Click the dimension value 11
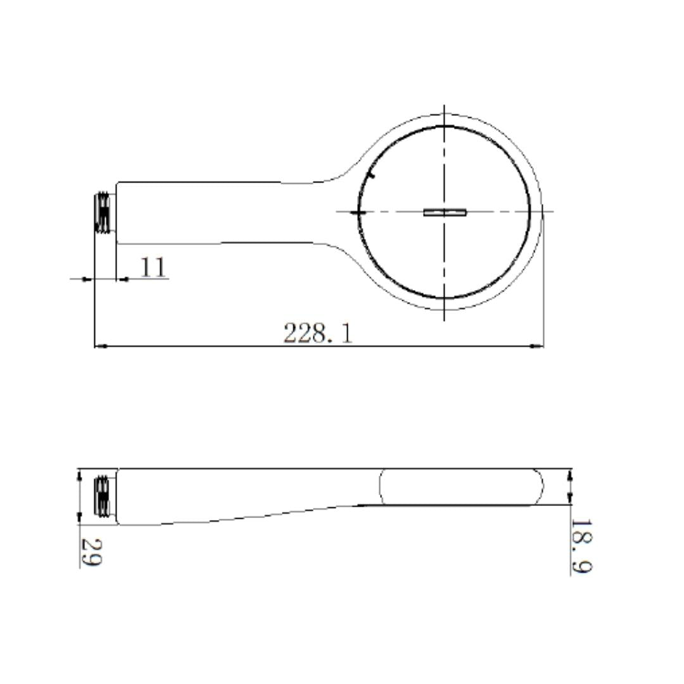pos(153,267)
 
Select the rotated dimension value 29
pos(91,552)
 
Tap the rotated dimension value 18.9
pos(581,547)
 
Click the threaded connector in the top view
pos(103,213)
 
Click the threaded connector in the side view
pos(103,496)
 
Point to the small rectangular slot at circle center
pos(445,212)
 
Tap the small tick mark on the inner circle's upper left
pos(372,174)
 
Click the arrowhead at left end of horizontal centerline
pos(358,212)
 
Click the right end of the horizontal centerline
pos(553,212)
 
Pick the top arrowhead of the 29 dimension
pos(80,473)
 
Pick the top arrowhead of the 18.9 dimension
pos(571,473)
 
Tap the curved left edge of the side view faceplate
pos(380,487)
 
